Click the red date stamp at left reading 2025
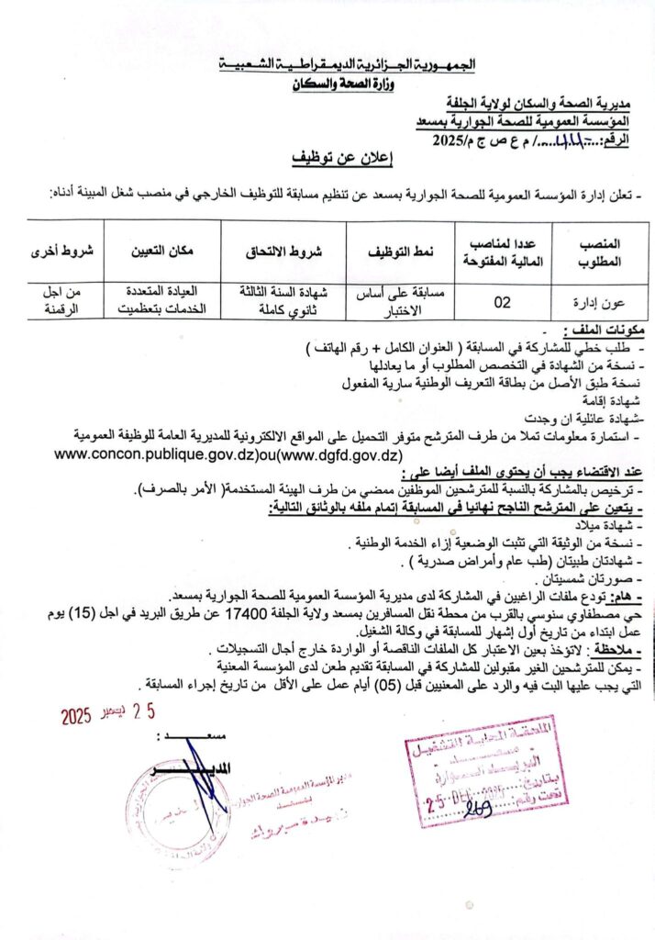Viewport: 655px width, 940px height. (x=78, y=717)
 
